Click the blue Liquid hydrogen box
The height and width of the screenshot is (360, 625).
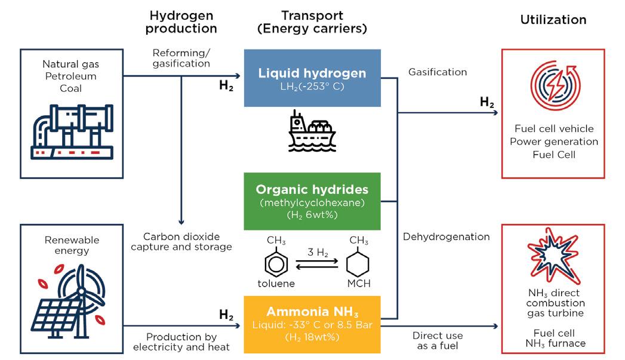pyautogui.click(x=312, y=78)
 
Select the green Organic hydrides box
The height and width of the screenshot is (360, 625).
pyautogui.click(x=312, y=201)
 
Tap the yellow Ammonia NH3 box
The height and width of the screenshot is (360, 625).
pyautogui.click(x=312, y=324)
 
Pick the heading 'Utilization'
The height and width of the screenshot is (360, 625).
pyautogui.click(x=553, y=20)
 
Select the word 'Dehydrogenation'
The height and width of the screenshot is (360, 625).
pyautogui.click(x=446, y=237)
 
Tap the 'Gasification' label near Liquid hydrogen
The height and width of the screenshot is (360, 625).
pyautogui.click(x=438, y=72)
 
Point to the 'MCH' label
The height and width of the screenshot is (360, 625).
pyautogui.click(x=359, y=284)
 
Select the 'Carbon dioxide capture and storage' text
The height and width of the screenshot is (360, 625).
pyautogui.click(x=183, y=242)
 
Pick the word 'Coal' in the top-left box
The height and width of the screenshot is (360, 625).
pyautogui.click(x=69, y=88)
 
